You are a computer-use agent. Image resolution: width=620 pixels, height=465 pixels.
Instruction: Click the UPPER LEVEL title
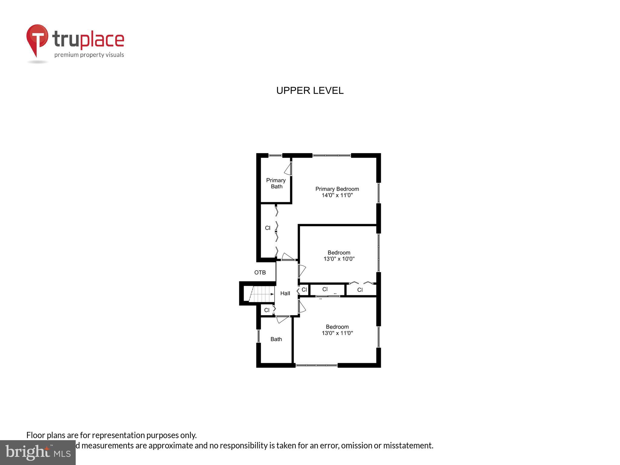pyautogui.click(x=310, y=91)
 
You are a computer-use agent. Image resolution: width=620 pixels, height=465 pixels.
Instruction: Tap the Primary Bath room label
pyautogui.click(x=276, y=183)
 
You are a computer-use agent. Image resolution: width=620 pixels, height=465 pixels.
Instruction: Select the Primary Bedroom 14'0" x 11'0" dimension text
pyautogui.click(x=337, y=195)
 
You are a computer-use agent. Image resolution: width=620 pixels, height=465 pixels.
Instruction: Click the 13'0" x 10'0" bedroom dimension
pyautogui.click(x=339, y=259)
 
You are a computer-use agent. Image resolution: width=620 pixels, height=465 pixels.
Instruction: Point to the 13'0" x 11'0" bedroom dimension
pyautogui.click(x=337, y=333)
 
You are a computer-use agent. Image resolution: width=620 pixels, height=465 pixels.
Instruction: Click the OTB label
pyautogui.click(x=260, y=272)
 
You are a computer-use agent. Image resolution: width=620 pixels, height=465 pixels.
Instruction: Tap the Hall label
pyautogui.click(x=285, y=293)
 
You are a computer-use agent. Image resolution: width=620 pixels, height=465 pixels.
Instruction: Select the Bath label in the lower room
pyautogui.click(x=276, y=339)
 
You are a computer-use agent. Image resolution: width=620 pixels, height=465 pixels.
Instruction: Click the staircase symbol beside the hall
pyautogui.click(x=262, y=294)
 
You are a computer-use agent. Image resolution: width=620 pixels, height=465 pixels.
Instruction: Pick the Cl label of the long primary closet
pyautogui.click(x=267, y=228)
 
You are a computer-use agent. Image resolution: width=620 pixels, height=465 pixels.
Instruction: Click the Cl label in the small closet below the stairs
pyautogui.click(x=266, y=310)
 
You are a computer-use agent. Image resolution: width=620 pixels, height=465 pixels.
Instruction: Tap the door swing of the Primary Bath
pyautogui.click(x=288, y=169)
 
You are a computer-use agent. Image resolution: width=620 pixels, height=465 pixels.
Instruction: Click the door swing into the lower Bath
pyautogui.click(x=282, y=319)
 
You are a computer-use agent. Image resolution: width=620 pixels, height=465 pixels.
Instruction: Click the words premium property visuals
pyautogui.click(x=89, y=55)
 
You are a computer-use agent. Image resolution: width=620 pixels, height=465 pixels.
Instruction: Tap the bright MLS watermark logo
pyautogui.click(x=38, y=452)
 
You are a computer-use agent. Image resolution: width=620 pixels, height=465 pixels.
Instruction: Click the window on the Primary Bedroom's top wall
pyautogui.click(x=331, y=156)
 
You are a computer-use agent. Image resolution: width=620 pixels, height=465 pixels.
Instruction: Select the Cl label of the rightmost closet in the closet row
pyautogui.click(x=360, y=290)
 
